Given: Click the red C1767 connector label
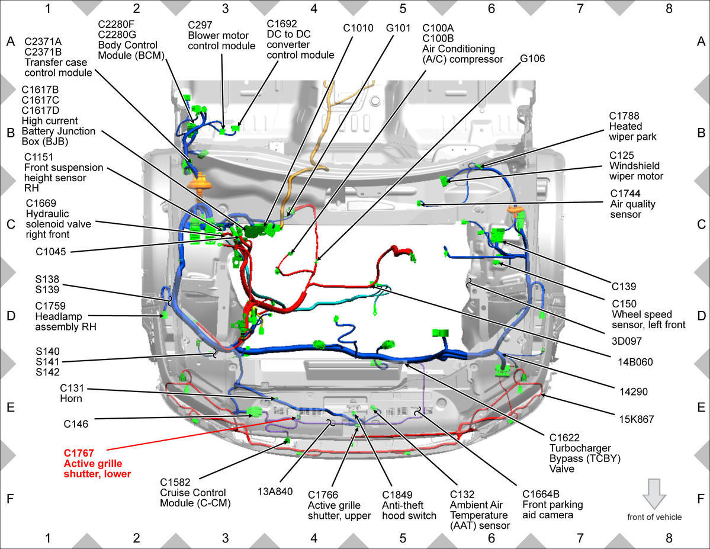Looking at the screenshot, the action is pos(79,453).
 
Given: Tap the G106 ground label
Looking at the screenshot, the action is pos(532,59).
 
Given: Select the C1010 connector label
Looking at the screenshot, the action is pos(358,28).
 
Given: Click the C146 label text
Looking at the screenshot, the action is pos(76,424).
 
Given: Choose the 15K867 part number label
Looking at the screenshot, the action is pos(636,419).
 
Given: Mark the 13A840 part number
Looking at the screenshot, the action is pos(275,492).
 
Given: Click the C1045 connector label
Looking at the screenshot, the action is pos(51,251).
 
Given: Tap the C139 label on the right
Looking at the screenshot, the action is pos(624,286).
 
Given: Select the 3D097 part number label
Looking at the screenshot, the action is pos(627,341).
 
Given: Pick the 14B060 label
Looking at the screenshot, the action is pos(635,362).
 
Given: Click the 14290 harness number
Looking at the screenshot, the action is pos(634,392).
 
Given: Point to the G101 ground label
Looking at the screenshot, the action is pos(398,28).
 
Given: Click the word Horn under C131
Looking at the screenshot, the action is pos(71,399).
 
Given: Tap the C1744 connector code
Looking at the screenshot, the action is pos(625,194).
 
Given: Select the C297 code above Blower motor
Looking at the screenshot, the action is pos(200,25).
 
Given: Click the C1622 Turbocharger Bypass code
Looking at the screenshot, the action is pos(564,438).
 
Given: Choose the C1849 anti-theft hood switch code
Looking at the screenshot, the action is pos(397,495).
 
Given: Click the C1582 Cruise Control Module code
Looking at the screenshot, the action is pos(175,483).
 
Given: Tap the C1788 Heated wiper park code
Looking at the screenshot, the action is pos(624,116).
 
